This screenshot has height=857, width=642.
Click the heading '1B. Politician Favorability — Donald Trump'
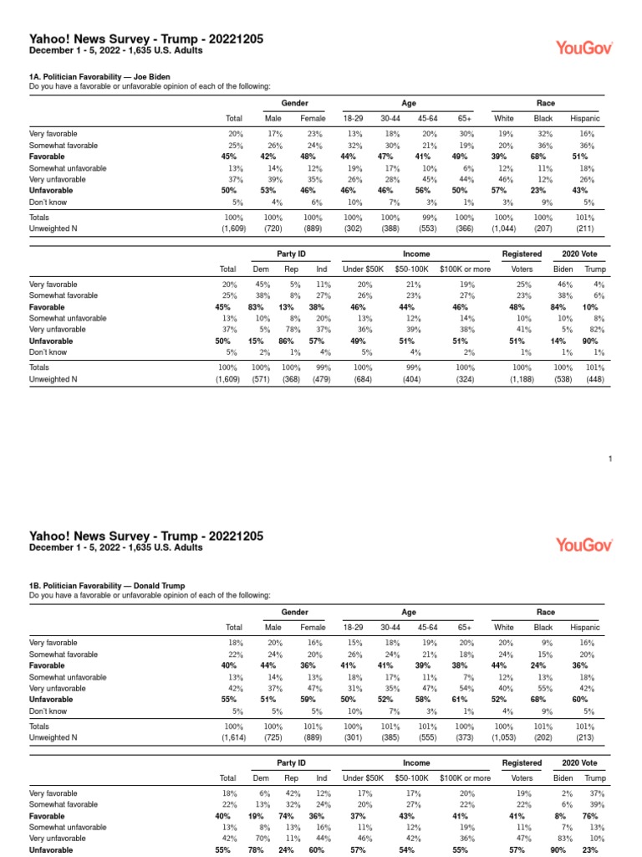pyautogui.click(x=107, y=586)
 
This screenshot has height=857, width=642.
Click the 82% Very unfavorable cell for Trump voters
pyautogui.click(x=594, y=329)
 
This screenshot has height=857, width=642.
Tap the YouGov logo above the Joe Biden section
pyautogui.click(x=584, y=49)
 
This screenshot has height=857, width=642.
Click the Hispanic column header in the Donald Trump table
pyautogui.click(x=585, y=627)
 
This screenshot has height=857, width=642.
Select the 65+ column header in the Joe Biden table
pyautogui.click(x=466, y=118)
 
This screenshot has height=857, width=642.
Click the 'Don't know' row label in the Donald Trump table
pyautogui.click(x=48, y=711)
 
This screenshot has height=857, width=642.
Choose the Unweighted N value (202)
pyautogui.click(x=543, y=736)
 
